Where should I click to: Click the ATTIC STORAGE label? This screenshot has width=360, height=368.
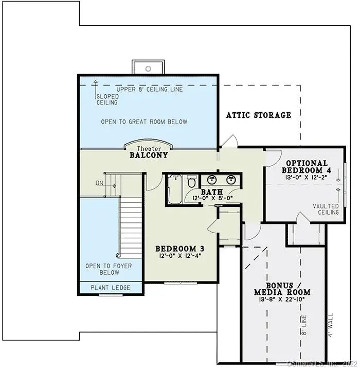(x=259, y=115)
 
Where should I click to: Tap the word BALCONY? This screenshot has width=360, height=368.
(x=149, y=154)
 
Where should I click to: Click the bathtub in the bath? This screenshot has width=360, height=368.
(x=174, y=190)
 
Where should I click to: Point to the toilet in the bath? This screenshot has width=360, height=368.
(x=191, y=181)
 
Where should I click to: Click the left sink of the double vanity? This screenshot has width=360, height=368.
(x=211, y=180)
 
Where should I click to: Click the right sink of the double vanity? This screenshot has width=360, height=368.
(x=231, y=180)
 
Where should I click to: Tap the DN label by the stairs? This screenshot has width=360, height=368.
(x=99, y=183)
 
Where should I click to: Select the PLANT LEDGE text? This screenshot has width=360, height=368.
(x=111, y=288)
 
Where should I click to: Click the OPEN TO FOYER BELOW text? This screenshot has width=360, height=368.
(x=109, y=269)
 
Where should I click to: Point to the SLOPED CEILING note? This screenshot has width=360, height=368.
(x=107, y=99)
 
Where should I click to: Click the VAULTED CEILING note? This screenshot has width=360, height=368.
(x=326, y=209)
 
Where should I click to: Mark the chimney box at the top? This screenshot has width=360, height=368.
(x=148, y=67)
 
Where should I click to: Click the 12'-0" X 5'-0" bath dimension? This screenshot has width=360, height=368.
(x=212, y=198)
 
